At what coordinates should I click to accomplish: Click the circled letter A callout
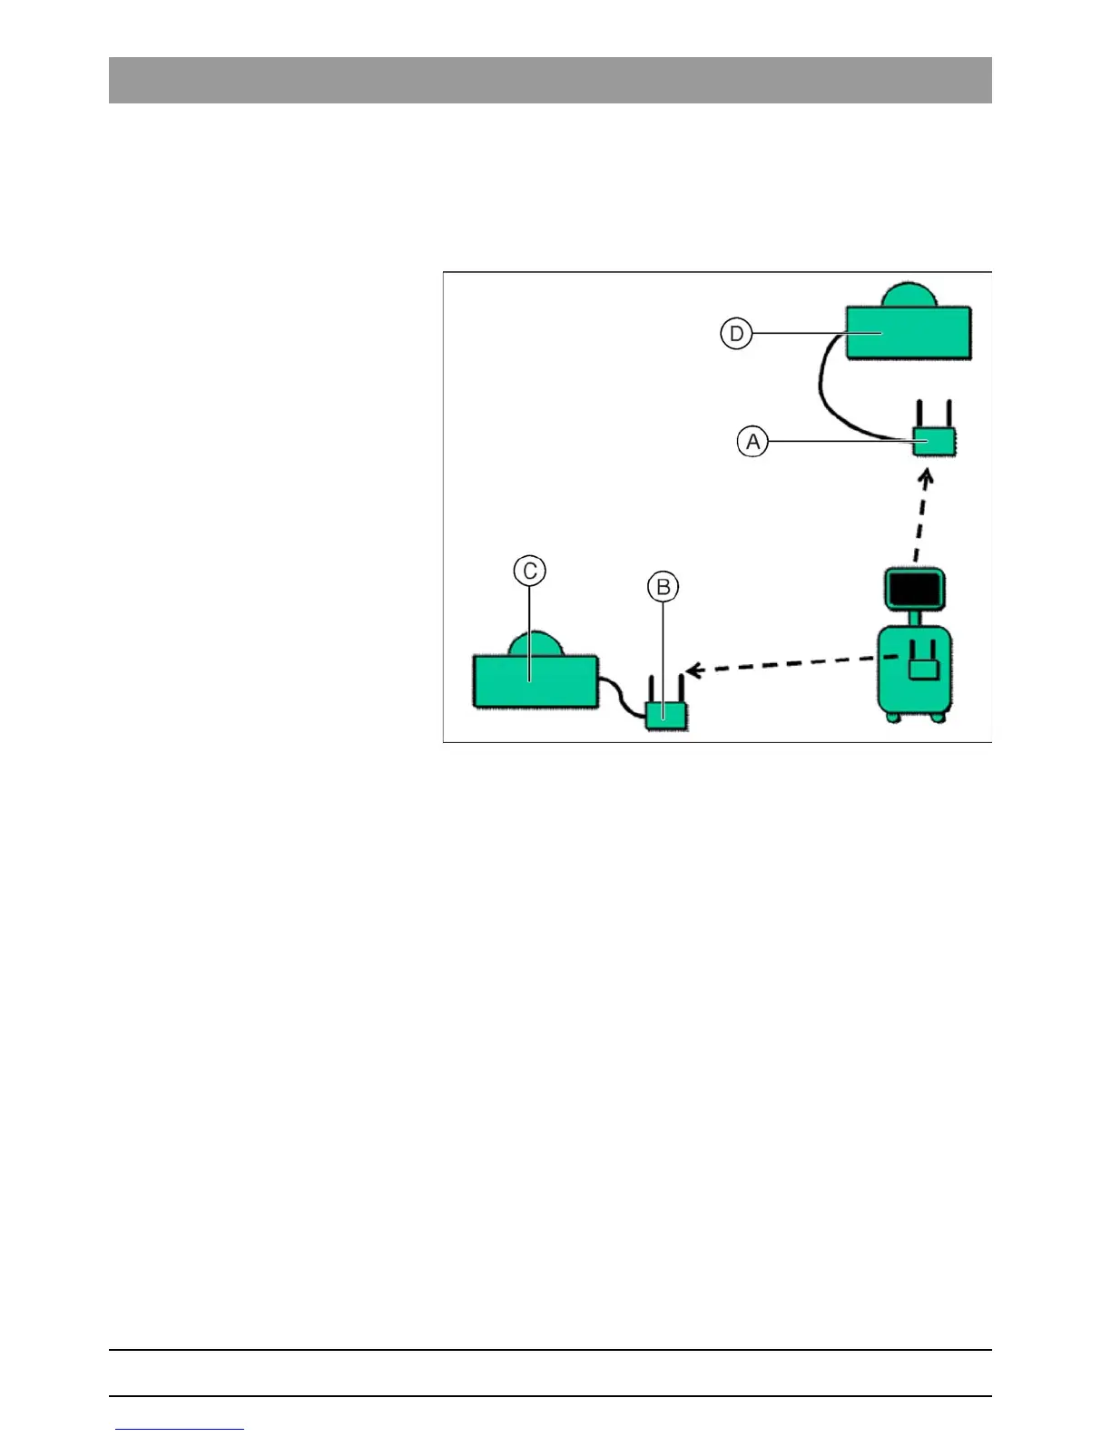click(752, 442)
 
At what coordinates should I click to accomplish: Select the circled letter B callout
click(664, 587)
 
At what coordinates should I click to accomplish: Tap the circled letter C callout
click(529, 571)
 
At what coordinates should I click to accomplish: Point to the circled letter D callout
click(736, 334)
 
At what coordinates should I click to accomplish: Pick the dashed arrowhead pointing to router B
click(694, 671)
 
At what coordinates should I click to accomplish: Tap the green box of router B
click(667, 715)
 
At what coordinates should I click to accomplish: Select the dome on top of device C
click(535, 643)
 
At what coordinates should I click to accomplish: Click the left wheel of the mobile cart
click(893, 718)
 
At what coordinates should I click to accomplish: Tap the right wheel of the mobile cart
click(939, 718)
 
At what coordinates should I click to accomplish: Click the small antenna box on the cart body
click(923, 668)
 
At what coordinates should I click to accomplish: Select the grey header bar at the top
click(550, 80)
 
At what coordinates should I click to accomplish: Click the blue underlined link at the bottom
click(180, 1429)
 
